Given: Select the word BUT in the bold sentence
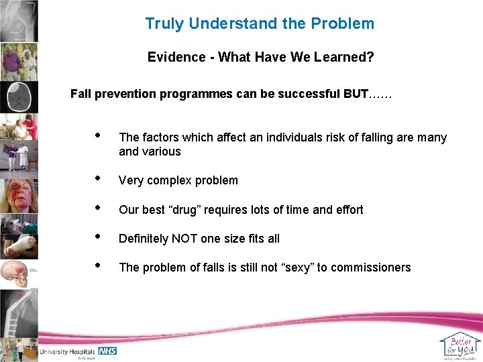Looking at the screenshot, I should tap(355, 94).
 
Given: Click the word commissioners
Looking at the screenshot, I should tap(371, 267).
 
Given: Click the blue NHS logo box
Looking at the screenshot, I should tap(107, 351).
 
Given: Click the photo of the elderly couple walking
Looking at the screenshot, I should tap(18, 62).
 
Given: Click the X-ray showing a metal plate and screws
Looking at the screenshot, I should tap(18, 315).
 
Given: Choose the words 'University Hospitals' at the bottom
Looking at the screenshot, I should tap(68, 351).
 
